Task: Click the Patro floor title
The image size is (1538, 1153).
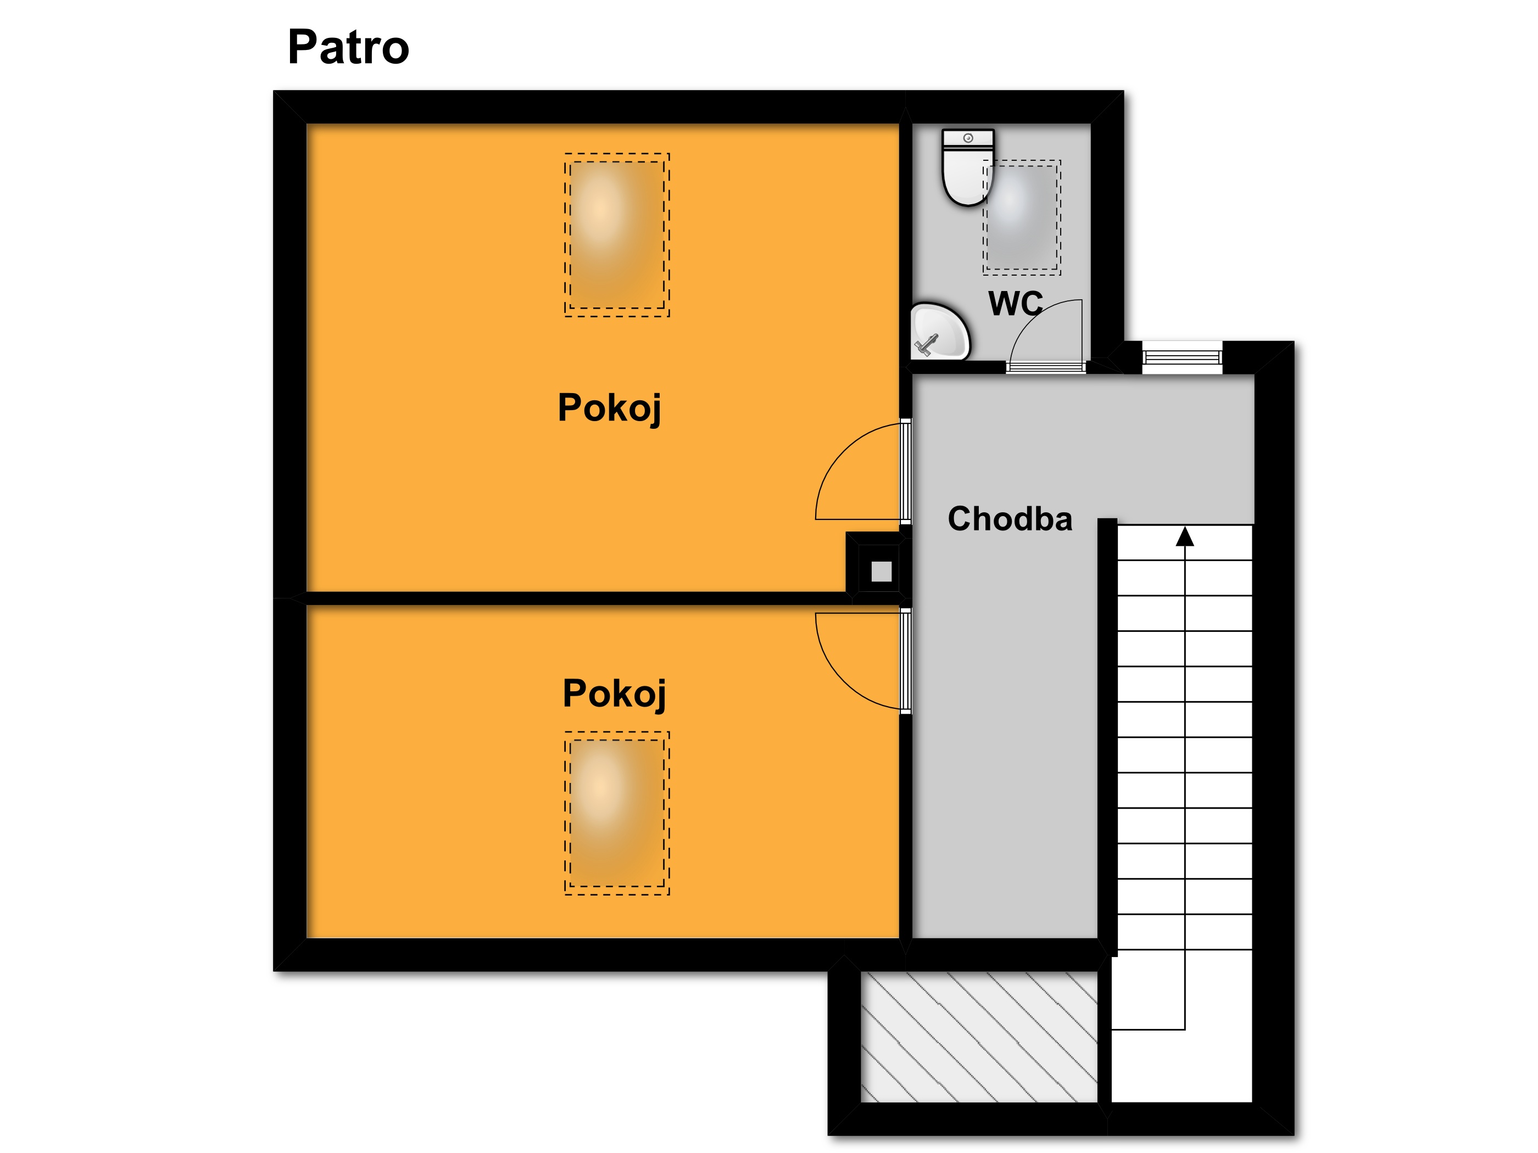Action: click(x=348, y=47)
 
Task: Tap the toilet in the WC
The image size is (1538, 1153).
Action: click(x=968, y=167)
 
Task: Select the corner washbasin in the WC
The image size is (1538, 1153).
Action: click(x=939, y=331)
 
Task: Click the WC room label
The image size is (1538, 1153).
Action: click(x=1015, y=303)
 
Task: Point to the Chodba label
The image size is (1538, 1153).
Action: click(x=1010, y=519)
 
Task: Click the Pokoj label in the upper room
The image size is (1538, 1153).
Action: click(x=609, y=407)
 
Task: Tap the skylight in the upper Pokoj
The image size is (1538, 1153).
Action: click(x=617, y=235)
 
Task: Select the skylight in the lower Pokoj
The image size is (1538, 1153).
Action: click(x=617, y=813)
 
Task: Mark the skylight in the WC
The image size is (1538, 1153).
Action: click(x=1021, y=217)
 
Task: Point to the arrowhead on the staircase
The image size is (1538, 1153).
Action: click(x=1185, y=536)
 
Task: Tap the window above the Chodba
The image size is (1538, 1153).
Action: click(x=1182, y=357)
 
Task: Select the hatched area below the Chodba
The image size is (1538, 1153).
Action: click(x=979, y=1036)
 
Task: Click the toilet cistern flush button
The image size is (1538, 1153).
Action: click(x=968, y=138)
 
